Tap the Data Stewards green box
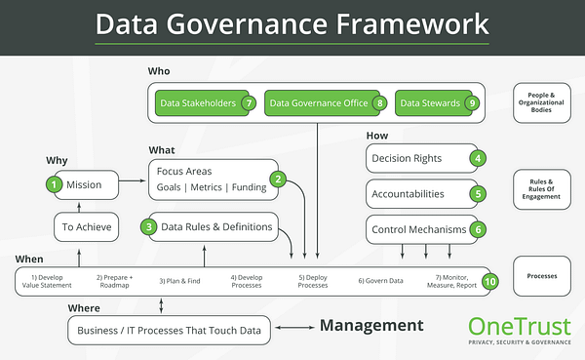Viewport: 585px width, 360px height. pyautogui.click(x=437, y=102)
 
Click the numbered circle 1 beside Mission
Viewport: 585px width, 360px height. pyautogui.click(x=56, y=183)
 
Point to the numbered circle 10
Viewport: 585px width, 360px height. pyautogui.click(x=490, y=281)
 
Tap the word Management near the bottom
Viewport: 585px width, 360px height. pyautogui.click(x=371, y=326)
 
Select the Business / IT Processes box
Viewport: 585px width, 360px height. pyautogui.click(x=170, y=331)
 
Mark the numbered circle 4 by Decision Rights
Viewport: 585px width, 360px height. pyautogui.click(x=478, y=157)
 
